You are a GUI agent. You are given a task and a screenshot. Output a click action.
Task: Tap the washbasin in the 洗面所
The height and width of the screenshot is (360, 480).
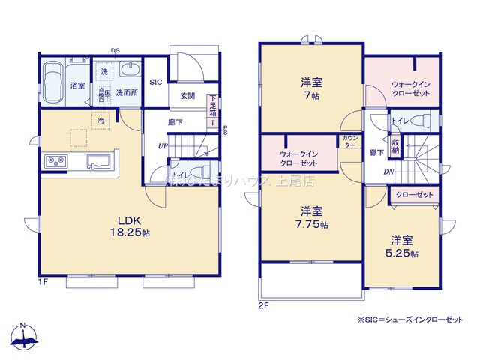pos(128,73)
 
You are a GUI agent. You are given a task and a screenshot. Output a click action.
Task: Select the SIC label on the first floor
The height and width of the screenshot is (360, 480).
pos(155,82)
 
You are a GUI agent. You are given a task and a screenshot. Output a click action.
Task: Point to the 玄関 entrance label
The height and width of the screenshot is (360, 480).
pos(187,96)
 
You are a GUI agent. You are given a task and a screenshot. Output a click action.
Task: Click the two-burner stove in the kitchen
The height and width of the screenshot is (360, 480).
pos(56,160)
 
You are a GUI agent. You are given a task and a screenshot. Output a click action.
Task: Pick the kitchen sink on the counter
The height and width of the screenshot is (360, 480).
pos(98,161)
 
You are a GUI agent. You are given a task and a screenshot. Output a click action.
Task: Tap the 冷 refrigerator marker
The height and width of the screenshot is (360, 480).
pos(100,118)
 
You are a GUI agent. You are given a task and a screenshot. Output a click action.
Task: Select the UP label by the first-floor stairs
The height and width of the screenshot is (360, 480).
pos(162,146)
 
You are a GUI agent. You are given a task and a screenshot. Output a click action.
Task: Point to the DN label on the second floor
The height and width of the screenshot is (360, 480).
pos(389,172)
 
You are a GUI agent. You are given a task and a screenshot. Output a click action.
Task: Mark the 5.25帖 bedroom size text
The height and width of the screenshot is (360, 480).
pos(403,253)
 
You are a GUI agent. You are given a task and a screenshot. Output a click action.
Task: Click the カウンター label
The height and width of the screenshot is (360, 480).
pos(349,142)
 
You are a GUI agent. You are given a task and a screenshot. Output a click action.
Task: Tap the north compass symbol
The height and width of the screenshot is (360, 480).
pos(24,338)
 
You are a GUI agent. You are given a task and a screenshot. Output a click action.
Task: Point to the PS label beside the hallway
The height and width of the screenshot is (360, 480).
pos(224,129)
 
